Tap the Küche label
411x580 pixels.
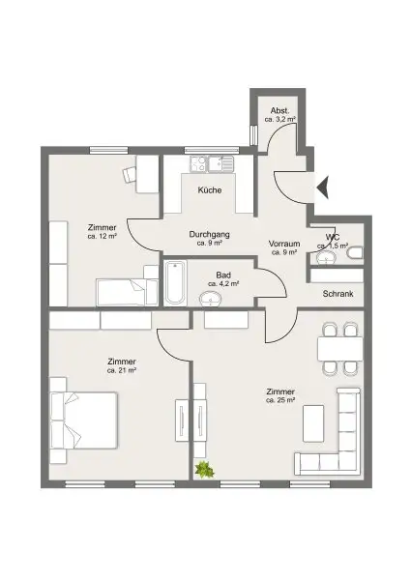(x=210, y=190)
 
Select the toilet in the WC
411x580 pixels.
(x=354, y=253)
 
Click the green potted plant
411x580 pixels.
(x=204, y=471)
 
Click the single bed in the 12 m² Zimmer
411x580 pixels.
(x=126, y=290)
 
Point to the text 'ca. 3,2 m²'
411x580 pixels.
(x=281, y=119)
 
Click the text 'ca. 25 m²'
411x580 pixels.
(x=280, y=403)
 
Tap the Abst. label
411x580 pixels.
(x=280, y=109)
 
